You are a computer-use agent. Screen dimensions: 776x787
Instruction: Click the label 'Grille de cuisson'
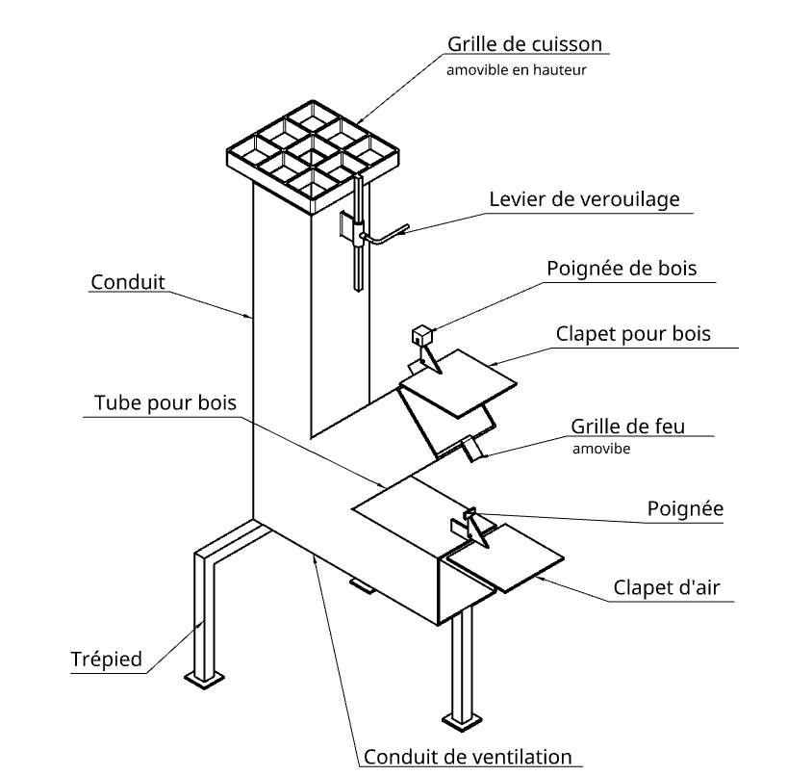pos(524,44)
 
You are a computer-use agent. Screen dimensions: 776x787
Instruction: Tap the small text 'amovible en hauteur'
pos(516,70)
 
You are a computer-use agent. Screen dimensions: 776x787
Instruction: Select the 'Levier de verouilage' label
pos(584,199)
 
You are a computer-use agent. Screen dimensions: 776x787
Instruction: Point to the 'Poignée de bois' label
pos(621,268)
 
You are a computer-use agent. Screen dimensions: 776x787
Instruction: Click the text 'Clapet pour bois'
pos(633,334)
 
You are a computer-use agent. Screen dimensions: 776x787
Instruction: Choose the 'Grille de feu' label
pos(627,426)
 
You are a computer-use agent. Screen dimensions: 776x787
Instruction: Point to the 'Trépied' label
pos(106,660)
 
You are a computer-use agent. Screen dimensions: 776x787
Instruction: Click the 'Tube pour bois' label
pos(165,401)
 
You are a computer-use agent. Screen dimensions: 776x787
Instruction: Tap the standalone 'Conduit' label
pos(128,282)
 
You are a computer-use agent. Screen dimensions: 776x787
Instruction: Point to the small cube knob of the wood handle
pos(419,335)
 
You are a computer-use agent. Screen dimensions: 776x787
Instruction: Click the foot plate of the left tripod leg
pos(207,679)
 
